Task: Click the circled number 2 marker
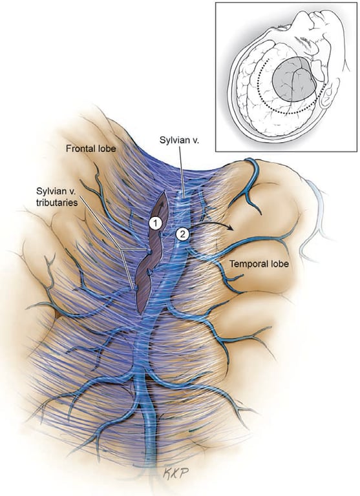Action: pos(182,234)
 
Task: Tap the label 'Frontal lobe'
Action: pos(90,149)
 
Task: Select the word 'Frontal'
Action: pos(79,149)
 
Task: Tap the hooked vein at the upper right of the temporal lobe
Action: pos(254,169)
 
